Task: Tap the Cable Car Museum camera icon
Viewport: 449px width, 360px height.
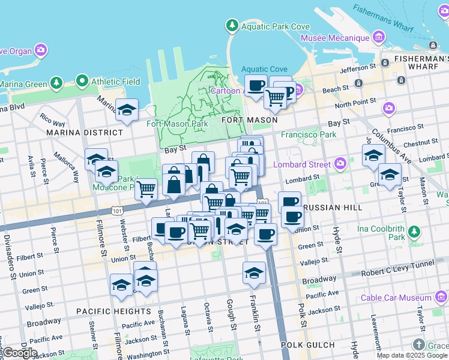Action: point(441,298)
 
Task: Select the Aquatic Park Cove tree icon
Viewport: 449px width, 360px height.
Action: point(232,25)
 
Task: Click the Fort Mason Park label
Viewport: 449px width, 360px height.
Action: point(178,124)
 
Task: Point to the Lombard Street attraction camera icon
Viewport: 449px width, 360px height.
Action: point(340,164)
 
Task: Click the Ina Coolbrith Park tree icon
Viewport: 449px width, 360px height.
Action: point(414,232)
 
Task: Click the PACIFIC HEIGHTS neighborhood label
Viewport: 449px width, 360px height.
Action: point(114,311)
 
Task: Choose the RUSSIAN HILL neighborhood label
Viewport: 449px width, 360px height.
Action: point(333,207)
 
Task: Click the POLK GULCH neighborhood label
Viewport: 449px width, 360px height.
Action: point(312,344)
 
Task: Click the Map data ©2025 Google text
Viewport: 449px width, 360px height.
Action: point(412,355)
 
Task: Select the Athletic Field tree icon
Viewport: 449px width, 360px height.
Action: point(82,81)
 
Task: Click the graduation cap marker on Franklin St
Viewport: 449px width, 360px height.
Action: point(255,272)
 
